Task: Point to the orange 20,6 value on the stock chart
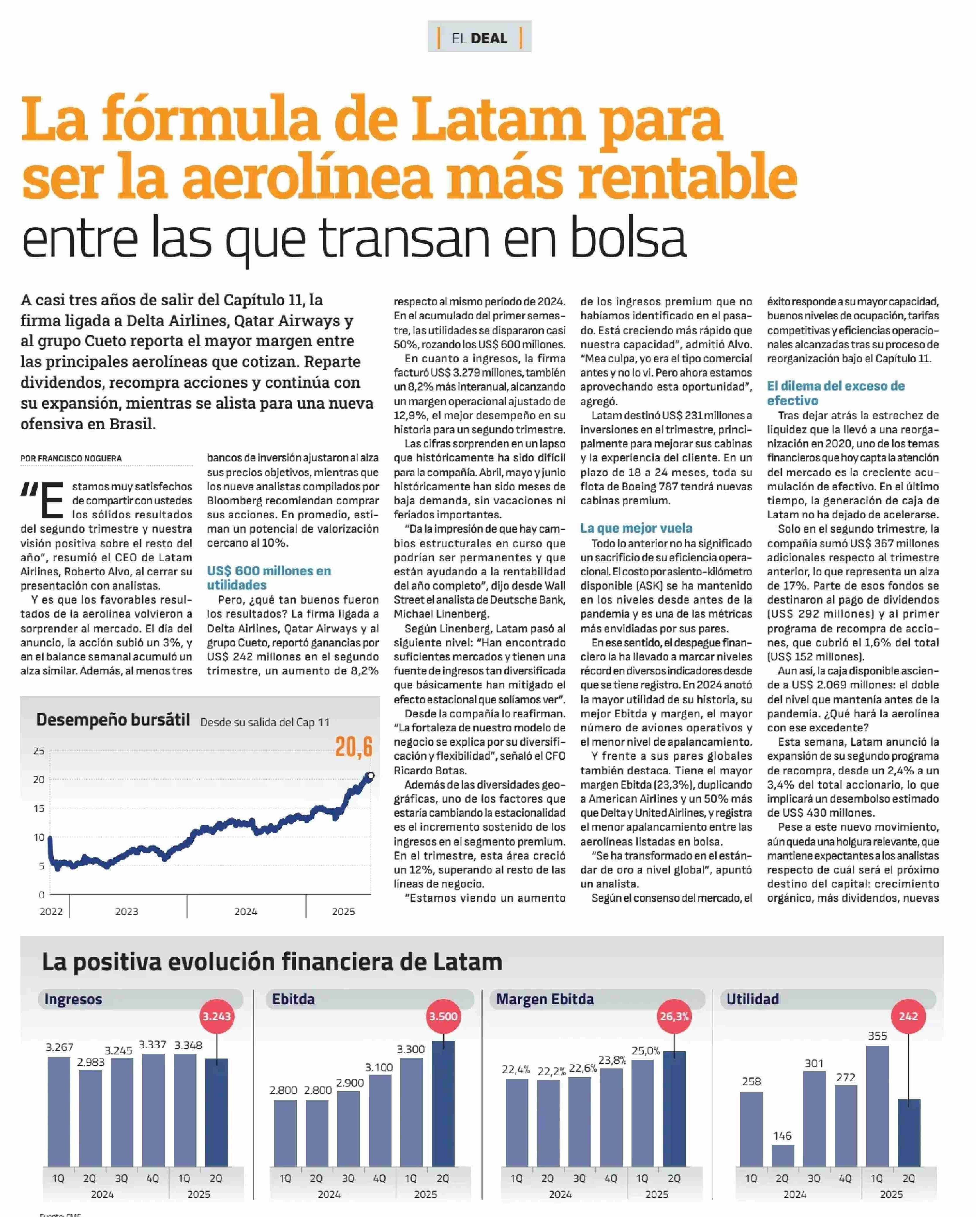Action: [x=354, y=747]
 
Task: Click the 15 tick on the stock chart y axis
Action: [x=39, y=808]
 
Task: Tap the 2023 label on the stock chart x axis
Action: [x=126, y=911]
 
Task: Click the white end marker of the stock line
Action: [x=370, y=776]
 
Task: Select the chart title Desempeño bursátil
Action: [x=113, y=720]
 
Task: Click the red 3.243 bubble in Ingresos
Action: [x=217, y=1016]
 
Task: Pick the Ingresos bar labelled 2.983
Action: [x=91, y=1118]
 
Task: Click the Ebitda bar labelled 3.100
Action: [x=380, y=1120]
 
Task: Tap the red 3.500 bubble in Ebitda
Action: [x=443, y=1016]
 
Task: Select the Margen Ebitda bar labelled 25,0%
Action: [x=643, y=1113]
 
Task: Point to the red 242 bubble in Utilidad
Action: [x=908, y=1016]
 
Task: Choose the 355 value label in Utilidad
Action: [x=877, y=1036]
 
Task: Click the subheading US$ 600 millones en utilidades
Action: [x=269, y=578]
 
